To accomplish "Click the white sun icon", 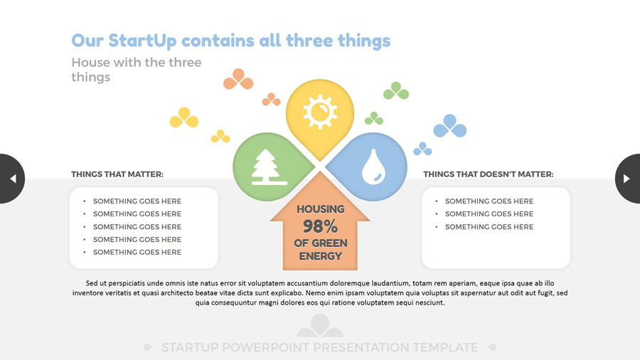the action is click(x=320, y=112).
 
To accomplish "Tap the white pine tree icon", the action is click(x=269, y=167).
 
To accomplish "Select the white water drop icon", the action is click(x=373, y=166).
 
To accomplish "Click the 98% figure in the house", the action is click(x=320, y=226).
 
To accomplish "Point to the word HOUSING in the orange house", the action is click(x=321, y=209).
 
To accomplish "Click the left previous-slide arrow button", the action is click(x=12, y=179).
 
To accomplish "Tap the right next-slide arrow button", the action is click(x=628, y=179).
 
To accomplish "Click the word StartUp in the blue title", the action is click(x=142, y=41).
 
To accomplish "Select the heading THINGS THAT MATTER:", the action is click(x=117, y=174).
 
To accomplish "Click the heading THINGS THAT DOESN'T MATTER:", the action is click(x=488, y=174).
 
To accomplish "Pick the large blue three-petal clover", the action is click(x=450, y=126).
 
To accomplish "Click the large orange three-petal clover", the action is click(x=238, y=79).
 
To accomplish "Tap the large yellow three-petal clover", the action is click(x=184, y=117).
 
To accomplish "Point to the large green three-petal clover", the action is click(x=396, y=90).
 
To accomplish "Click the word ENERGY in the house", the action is click(x=321, y=256).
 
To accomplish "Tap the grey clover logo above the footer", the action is click(x=320, y=325).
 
